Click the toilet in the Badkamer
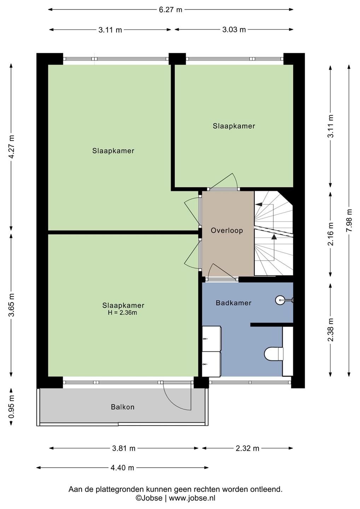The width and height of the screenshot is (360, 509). tap(274, 353)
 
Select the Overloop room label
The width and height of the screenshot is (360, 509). tap(227, 230)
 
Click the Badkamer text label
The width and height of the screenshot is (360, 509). tap(233, 303)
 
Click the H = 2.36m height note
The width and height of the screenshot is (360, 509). tap(122, 313)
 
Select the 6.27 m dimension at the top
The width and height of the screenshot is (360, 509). tap(170, 10)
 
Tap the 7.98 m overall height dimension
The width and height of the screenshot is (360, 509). tap(349, 220)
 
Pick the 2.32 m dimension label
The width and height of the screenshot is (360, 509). tap(247, 448)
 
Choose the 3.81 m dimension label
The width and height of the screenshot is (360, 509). tap(124, 448)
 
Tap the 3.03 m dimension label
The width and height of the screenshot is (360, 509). tap(234, 30)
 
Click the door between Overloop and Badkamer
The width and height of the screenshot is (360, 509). tap(222, 280)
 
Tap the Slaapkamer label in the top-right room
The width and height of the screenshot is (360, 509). tap(234, 126)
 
